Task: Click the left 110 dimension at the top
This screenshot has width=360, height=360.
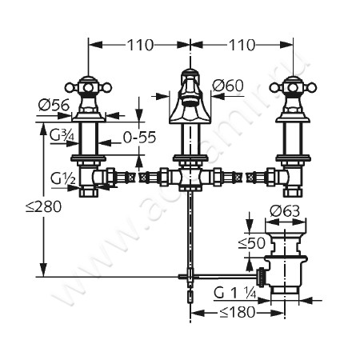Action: click(141, 45)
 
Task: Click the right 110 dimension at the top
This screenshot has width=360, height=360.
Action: click(242, 45)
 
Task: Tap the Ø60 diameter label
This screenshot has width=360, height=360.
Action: click(228, 86)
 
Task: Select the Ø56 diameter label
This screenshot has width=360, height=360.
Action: click(54, 105)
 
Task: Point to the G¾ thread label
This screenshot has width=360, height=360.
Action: click(62, 136)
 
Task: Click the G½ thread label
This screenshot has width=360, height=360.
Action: click(63, 179)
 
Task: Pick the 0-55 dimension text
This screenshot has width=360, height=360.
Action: click(139, 138)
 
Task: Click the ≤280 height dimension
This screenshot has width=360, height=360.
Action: click(43, 206)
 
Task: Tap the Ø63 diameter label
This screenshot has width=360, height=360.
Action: click(285, 211)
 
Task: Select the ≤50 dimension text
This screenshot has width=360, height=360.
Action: click(252, 243)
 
